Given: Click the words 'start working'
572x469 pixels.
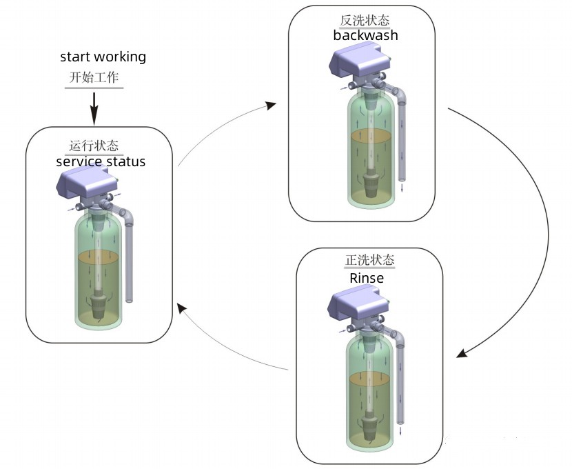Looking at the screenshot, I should (103, 57).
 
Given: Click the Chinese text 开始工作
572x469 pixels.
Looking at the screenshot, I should (94, 77).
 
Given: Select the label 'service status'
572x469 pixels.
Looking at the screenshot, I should (101, 162).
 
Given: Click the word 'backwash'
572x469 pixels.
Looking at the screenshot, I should (365, 35).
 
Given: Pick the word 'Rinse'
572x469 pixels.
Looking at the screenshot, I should (367, 278).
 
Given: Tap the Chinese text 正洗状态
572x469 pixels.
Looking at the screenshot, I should (369, 261).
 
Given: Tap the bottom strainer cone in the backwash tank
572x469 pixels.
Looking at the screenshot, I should (372, 186).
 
